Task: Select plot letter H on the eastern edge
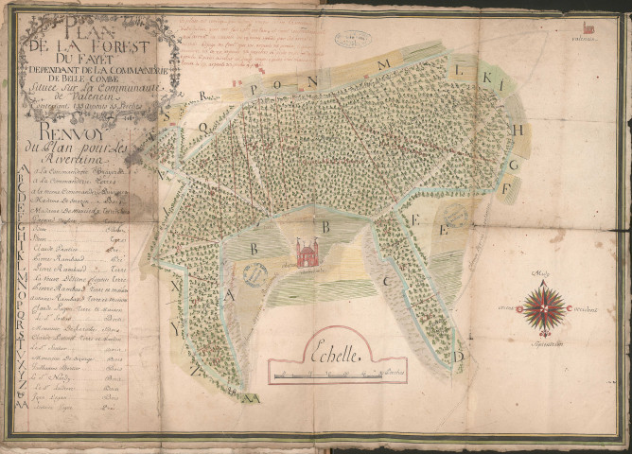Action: (x=518, y=130)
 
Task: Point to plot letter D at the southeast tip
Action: (x=460, y=356)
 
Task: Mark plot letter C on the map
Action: (x=389, y=281)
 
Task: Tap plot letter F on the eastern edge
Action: (x=507, y=186)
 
